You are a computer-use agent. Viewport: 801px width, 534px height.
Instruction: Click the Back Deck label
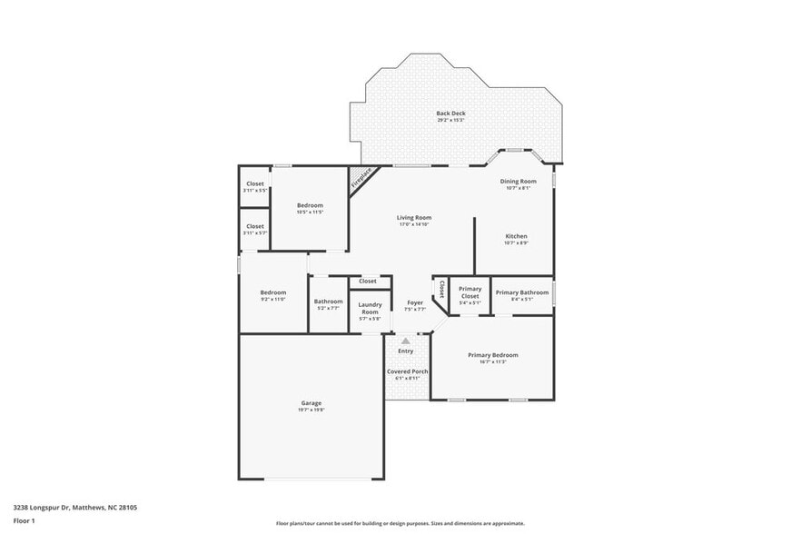click(x=450, y=113)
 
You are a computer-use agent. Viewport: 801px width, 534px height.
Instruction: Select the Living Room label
click(x=413, y=217)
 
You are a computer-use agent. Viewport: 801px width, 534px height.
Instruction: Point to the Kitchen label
click(x=516, y=236)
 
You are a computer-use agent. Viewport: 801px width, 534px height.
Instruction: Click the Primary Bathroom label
click(x=521, y=292)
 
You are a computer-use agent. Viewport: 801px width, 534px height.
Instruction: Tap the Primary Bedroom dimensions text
click(x=492, y=361)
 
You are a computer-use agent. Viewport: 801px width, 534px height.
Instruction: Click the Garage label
click(x=311, y=402)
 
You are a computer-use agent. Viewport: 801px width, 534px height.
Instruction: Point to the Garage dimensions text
click(x=311, y=410)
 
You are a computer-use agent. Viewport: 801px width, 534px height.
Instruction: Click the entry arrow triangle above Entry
click(x=406, y=341)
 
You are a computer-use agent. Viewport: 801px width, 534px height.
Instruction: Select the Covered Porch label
click(x=407, y=371)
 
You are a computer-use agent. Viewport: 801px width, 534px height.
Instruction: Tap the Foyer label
click(x=415, y=302)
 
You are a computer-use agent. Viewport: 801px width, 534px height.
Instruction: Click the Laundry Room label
click(x=369, y=308)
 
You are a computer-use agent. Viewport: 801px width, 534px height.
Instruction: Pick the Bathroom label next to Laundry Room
click(x=328, y=302)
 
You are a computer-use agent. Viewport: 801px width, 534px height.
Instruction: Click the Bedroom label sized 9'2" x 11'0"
click(x=273, y=292)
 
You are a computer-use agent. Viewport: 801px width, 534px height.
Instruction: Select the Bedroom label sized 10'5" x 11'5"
click(x=310, y=205)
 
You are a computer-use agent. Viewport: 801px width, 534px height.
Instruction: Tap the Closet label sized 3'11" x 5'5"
click(x=255, y=183)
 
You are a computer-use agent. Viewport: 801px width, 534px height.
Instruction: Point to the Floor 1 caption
click(x=24, y=520)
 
